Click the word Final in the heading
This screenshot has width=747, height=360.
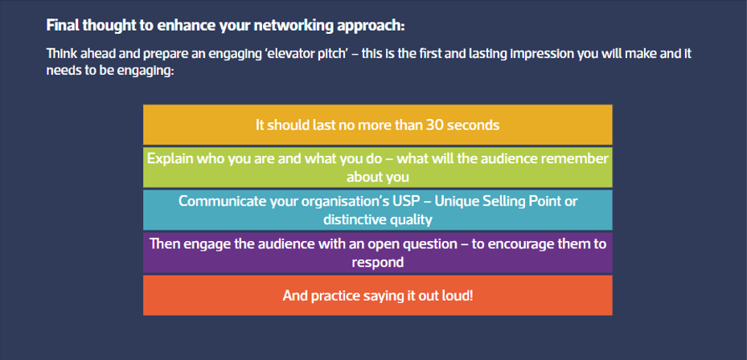(x=64, y=25)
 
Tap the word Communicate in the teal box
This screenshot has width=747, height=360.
(x=217, y=201)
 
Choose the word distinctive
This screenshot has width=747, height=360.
(x=357, y=219)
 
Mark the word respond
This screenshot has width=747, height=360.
(x=377, y=261)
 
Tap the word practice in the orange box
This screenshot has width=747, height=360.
(x=335, y=296)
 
